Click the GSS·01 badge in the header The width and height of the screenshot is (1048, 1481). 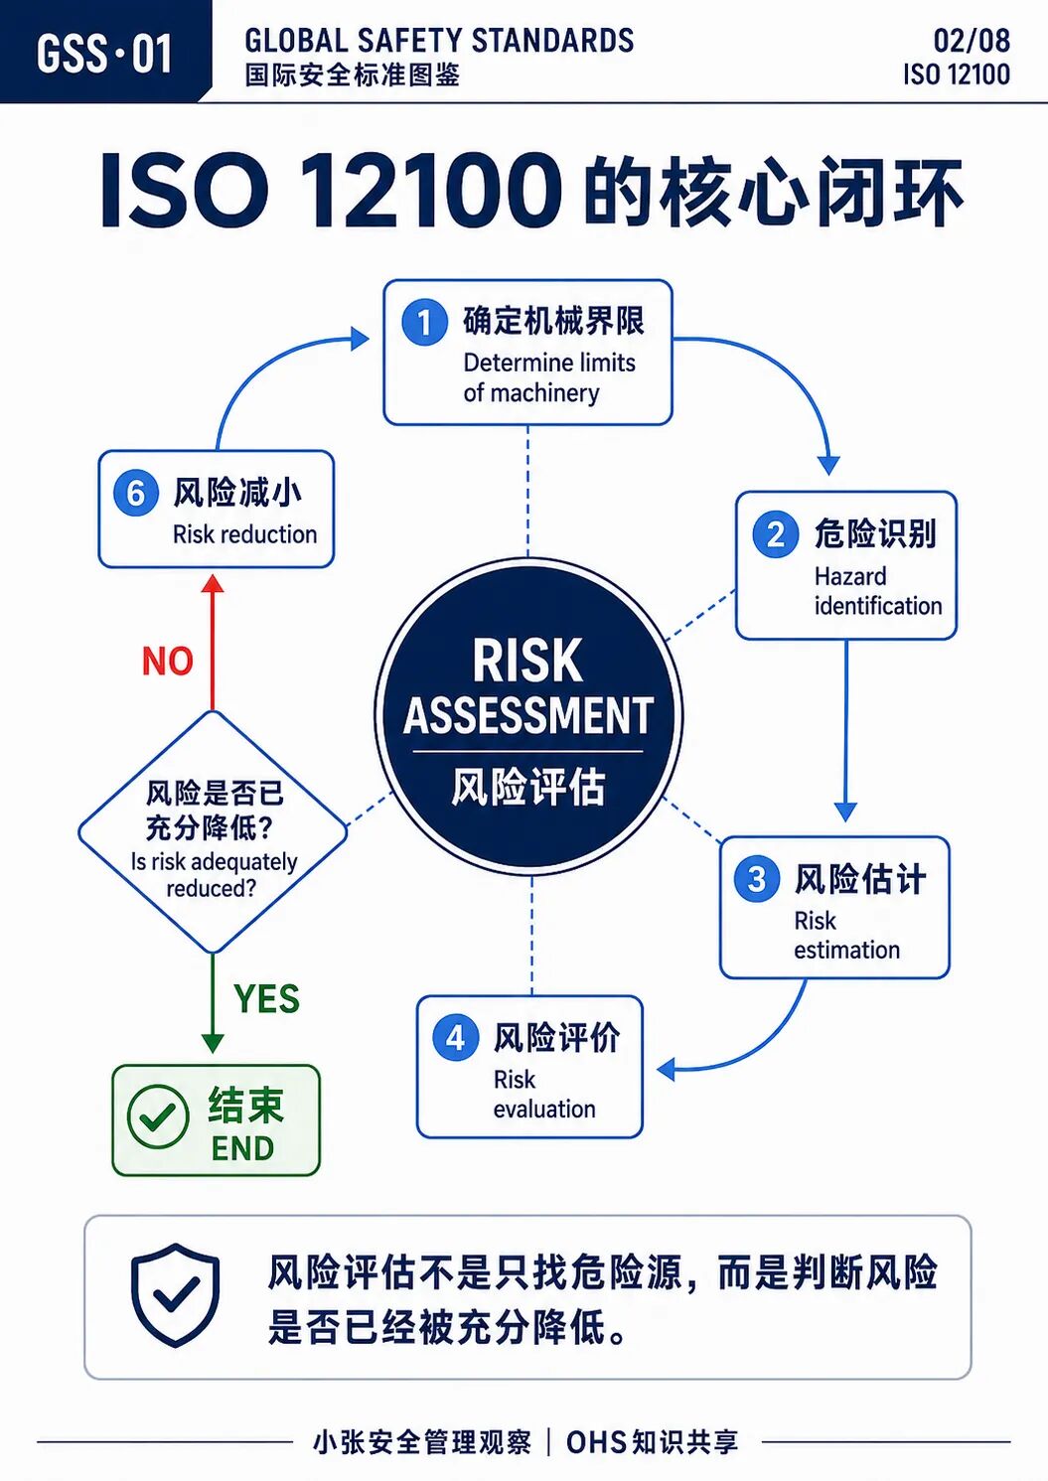104,52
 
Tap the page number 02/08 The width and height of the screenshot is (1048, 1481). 972,41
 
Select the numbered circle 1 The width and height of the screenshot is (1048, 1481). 424,323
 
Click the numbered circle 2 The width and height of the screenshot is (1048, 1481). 775,534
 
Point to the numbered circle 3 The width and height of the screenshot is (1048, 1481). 756,879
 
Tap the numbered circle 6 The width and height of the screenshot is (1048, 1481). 135,494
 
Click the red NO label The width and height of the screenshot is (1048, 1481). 168,661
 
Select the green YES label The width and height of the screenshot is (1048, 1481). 266,998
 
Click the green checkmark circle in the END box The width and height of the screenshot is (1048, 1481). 158,1116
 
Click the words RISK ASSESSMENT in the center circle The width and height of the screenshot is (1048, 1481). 528,687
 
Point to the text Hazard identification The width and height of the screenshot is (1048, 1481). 878,591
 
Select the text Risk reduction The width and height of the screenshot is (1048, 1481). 244,534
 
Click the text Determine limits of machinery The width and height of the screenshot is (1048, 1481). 548,377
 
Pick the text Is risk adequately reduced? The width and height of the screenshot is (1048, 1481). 213,875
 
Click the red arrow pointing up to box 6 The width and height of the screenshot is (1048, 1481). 213,643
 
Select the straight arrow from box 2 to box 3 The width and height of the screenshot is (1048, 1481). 845,731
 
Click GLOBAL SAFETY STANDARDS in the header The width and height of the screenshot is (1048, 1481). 439,41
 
